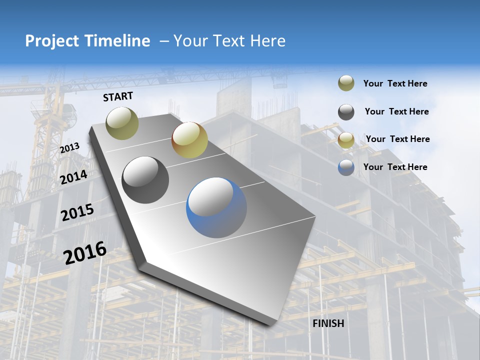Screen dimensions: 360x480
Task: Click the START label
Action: tap(118, 96)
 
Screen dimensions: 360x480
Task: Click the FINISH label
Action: tap(328, 323)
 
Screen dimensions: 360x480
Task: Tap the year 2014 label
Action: tap(74, 177)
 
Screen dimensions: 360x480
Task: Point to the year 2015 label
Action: tap(77, 212)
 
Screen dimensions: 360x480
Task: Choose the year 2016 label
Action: tap(85, 252)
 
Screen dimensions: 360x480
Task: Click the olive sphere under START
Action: tap(122, 123)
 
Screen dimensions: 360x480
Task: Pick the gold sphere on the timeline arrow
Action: tap(189, 140)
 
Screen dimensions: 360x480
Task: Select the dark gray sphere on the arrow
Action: tap(145, 180)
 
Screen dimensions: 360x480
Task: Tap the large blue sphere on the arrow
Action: tap(216, 207)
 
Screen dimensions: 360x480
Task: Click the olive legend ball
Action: tap(346, 83)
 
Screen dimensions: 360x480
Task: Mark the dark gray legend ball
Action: tap(346, 112)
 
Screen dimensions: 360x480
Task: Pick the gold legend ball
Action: tap(346, 140)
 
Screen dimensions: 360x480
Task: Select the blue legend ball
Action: tap(346, 167)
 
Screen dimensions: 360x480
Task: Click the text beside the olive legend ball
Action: tap(395, 83)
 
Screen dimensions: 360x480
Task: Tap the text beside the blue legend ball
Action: tap(395, 167)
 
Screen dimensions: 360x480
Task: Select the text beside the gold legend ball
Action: tap(397, 139)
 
